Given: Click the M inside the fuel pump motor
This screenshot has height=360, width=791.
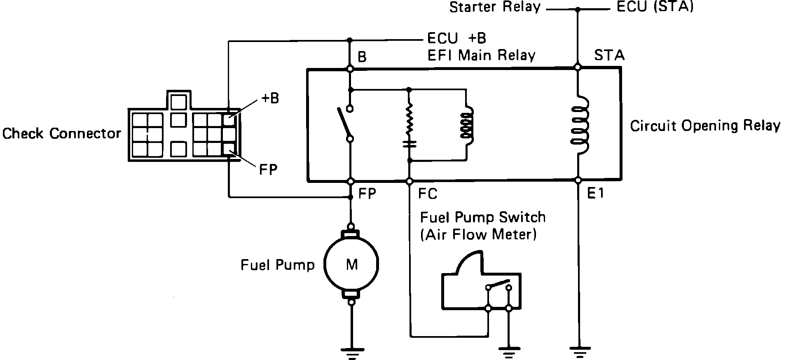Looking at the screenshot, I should click(x=351, y=264).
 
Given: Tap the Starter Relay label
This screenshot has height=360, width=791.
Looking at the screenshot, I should click(x=494, y=7).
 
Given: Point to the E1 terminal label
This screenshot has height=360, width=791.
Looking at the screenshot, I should click(x=596, y=193).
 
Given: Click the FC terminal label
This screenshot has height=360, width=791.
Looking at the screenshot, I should click(x=427, y=194).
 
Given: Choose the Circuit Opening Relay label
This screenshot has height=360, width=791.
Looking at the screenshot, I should click(x=705, y=126).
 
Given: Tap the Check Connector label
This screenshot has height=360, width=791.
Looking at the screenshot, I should click(x=62, y=133).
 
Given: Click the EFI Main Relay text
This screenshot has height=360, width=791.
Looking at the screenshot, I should click(x=481, y=55).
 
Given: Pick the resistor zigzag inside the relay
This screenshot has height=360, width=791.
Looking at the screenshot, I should click(x=409, y=119).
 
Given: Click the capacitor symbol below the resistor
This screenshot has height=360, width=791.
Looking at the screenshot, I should click(x=409, y=144).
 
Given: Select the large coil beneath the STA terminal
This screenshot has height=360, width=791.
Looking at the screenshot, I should click(x=579, y=126).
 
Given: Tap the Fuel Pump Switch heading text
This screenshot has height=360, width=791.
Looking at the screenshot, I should click(x=482, y=217).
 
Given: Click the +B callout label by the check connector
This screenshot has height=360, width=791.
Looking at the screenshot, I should click(x=270, y=98).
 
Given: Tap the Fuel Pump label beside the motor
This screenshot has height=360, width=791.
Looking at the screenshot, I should click(x=277, y=265).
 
